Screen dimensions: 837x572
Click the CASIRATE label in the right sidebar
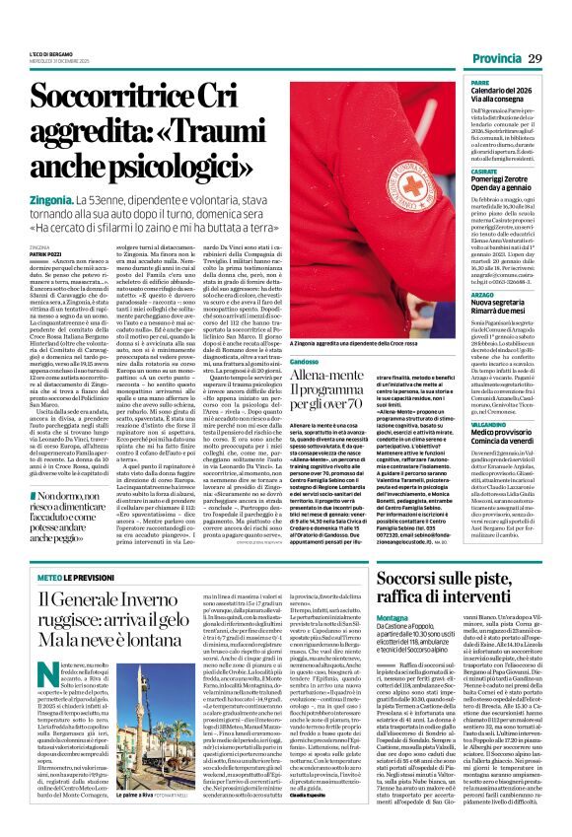point(484,170)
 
